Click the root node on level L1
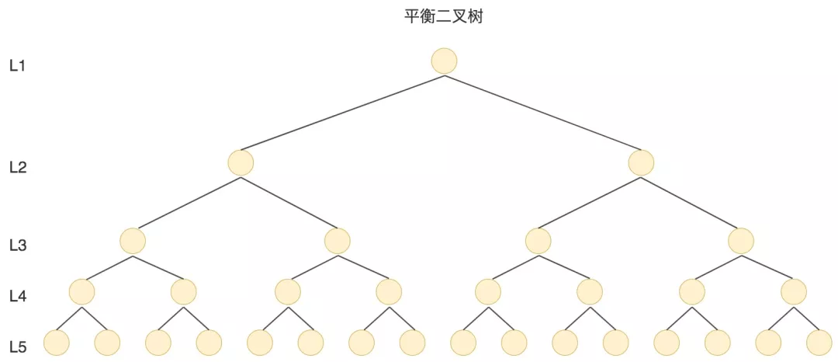pos(444,61)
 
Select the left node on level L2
pos(241,163)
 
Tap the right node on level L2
pos(641,163)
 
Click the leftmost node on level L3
pos(133,241)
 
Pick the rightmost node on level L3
pos(741,241)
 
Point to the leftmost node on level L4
pos(81,292)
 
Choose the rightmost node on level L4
pos(794,292)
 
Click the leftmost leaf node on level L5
pos(57,343)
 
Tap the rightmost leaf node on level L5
pos(819,343)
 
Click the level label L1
pos(18,66)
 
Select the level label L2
pos(18,167)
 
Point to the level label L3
pos(18,245)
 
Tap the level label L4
pos(18,296)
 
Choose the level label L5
pos(18,346)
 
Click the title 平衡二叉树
pos(444,16)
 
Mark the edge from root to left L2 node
pos(342,113)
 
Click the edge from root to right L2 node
pos(542,113)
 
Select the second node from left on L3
pos(337,241)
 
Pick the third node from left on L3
pos(538,241)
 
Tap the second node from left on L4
pos(184,292)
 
